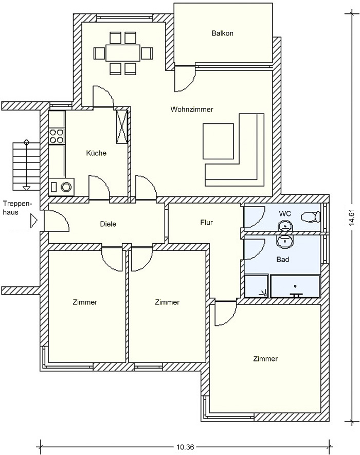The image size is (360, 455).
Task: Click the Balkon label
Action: click(x=222, y=33)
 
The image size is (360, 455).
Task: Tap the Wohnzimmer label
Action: click(x=192, y=110)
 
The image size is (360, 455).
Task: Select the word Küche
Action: click(x=96, y=153)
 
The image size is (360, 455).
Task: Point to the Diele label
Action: click(x=108, y=224)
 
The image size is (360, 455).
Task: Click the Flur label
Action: click(x=206, y=223)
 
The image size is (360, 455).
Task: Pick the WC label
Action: click(x=285, y=214)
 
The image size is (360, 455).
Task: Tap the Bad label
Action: click(x=283, y=260)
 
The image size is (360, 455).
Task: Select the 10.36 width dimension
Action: click(x=185, y=447)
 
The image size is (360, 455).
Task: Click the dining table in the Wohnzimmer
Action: click(x=123, y=52)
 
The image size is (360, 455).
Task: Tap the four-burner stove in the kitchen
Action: click(x=57, y=136)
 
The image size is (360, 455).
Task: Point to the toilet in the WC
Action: click(x=311, y=217)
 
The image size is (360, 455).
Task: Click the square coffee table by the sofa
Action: click(x=218, y=141)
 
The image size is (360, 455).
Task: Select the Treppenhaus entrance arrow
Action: click(x=34, y=221)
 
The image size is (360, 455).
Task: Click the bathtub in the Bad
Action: click(x=295, y=286)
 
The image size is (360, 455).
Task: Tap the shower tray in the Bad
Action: click(x=256, y=286)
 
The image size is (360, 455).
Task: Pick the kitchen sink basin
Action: click(x=66, y=187)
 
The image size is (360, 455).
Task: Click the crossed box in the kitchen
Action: click(x=122, y=126)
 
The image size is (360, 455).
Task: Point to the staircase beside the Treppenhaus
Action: click(x=26, y=166)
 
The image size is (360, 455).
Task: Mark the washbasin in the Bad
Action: click(x=285, y=241)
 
